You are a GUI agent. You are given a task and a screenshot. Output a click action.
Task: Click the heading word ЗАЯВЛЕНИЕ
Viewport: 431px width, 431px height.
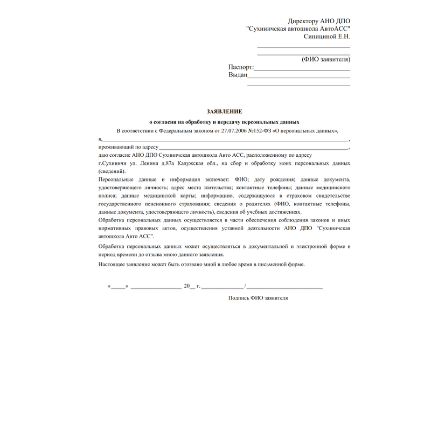coord(224,111)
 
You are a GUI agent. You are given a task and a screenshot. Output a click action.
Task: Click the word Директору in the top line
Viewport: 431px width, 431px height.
coord(305,20)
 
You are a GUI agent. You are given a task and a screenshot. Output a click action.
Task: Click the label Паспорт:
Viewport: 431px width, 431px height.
coord(241,67)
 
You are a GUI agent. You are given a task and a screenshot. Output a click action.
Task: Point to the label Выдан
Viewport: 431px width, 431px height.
coord(238,75)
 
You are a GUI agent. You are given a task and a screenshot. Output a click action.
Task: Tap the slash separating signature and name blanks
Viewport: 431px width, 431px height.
coord(245,286)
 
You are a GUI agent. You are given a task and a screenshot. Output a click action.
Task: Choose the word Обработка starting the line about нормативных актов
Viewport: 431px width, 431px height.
coord(114,220)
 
